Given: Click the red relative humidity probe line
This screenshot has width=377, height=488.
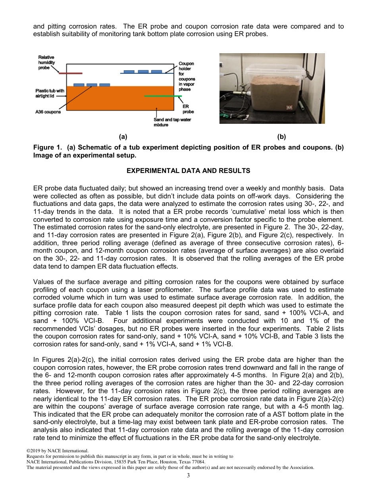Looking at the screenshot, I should pos(71,73).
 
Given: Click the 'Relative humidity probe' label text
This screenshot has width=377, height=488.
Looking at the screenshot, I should pos(46,63).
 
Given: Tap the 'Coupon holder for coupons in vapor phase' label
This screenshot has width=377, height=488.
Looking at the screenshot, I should pos(186,76).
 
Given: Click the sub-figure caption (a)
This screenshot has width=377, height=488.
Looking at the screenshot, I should pos(123,137).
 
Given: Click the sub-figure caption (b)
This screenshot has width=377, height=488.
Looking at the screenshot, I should pos(281,137).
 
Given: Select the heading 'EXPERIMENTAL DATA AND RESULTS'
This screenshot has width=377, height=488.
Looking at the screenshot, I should pos(188,171).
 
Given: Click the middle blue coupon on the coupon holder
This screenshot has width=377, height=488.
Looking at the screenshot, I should pos(143,72).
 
